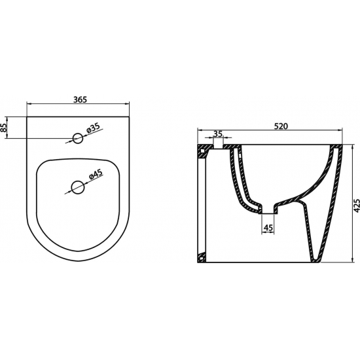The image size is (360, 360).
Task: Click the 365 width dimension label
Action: point(80,99)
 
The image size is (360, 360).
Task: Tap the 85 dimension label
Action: point(3,128)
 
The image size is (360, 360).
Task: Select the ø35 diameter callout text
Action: point(94,128)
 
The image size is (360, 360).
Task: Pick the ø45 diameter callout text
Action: point(96,174)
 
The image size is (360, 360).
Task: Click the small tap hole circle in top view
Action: point(78,138)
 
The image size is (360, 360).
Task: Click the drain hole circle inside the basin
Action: point(78,188)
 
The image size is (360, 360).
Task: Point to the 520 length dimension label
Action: point(281,126)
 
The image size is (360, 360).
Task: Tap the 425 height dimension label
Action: point(357,206)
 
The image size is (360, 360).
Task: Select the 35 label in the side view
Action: point(218,134)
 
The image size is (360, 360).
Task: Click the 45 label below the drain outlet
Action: point(268,228)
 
